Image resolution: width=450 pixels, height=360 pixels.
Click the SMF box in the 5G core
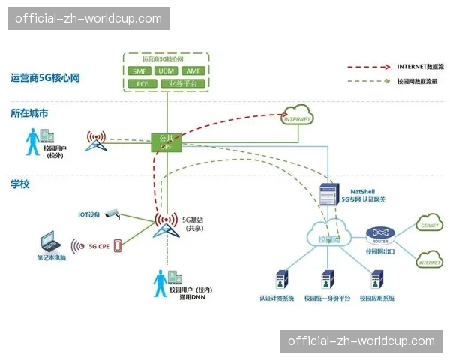pos(140,70)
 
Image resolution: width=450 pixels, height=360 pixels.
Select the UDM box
pos(165,70)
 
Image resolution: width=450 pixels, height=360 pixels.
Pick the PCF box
pos(141,83)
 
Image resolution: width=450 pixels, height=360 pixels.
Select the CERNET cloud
pos(430,224)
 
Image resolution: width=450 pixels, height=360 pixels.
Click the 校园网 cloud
pos(330,238)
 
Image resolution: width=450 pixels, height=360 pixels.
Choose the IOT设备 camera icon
pos(112,213)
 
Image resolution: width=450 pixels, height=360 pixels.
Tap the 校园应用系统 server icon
pos(376,280)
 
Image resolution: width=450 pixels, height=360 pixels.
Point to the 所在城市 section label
pos(29,114)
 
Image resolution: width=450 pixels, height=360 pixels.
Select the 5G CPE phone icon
pos(116,244)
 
